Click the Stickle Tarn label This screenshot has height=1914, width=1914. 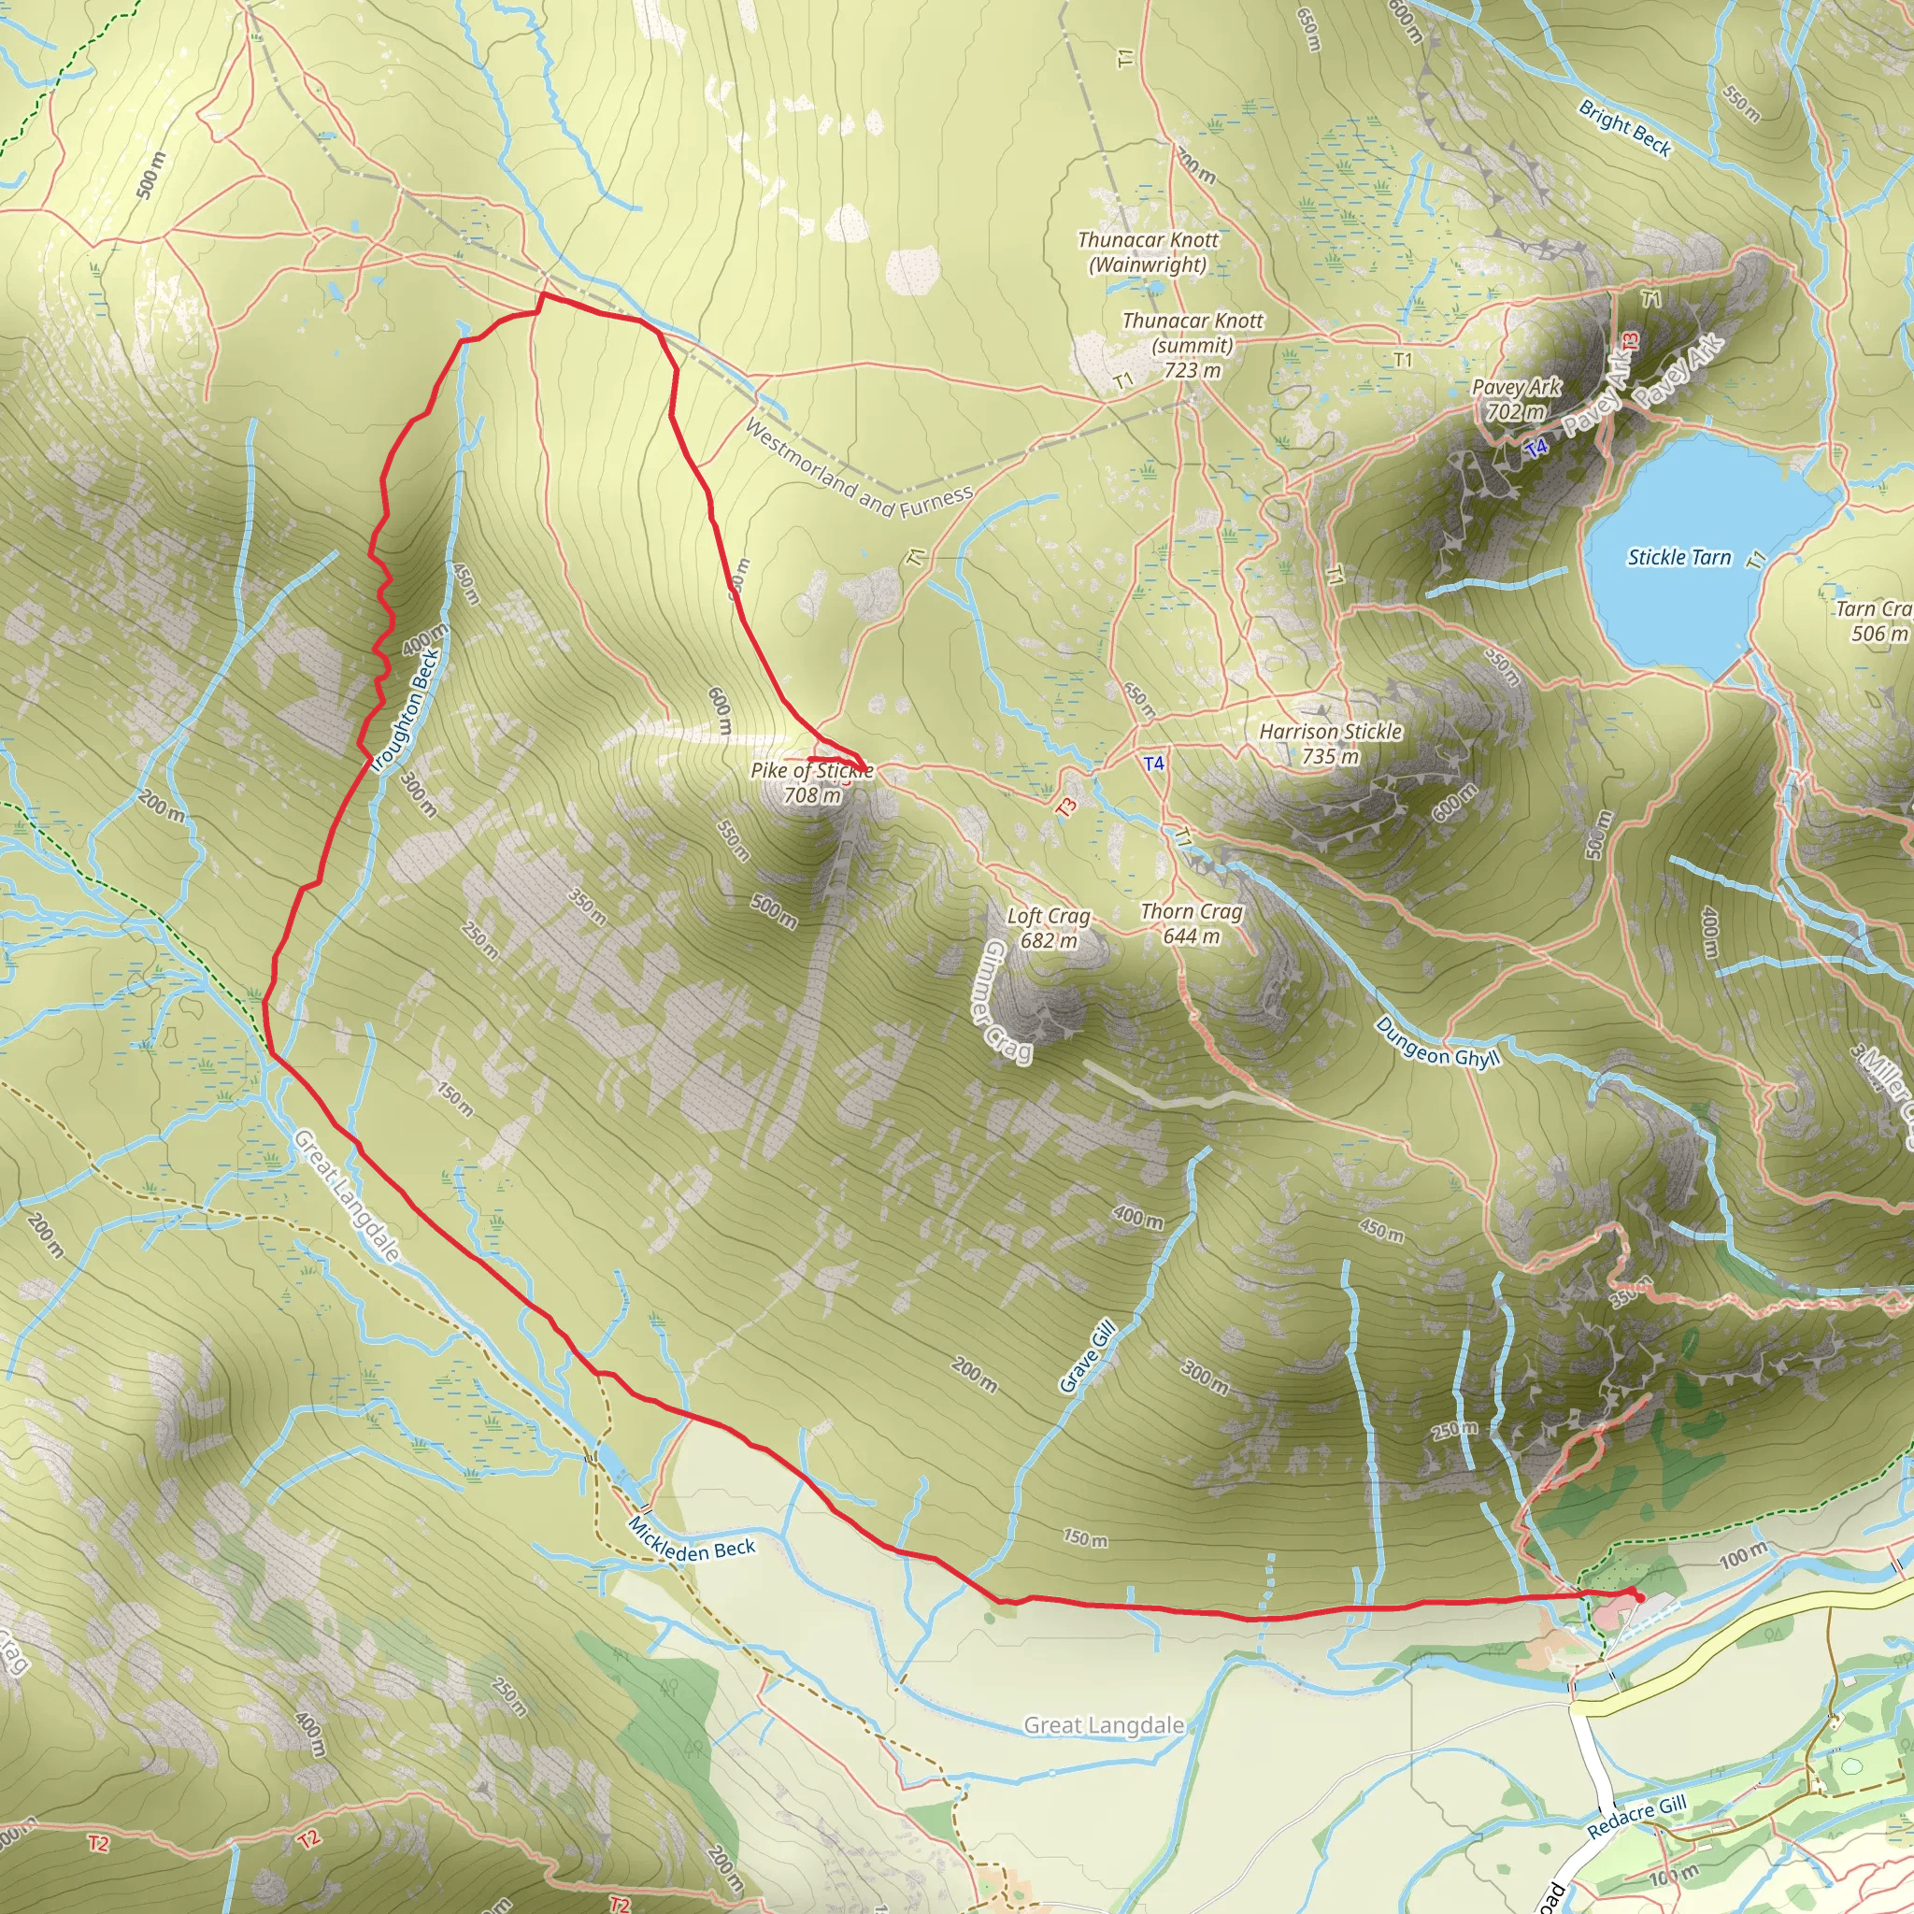(1678, 558)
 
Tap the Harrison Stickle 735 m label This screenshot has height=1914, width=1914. (1331, 744)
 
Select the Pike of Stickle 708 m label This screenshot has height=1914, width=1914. (811, 782)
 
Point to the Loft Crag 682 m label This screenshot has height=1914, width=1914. (1049, 928)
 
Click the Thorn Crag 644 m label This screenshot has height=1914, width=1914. (1191, 923)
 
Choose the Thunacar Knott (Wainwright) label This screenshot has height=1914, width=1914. (1149, 251)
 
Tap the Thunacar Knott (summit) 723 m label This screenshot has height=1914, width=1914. (1193, 345)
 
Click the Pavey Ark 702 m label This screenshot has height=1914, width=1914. (1516, 399)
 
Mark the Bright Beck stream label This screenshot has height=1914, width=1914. (1624, 129)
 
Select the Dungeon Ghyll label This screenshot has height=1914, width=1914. (1437, 1043)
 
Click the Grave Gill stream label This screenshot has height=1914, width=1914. (1088, 1357)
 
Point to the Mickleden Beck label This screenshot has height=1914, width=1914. (693, 1536)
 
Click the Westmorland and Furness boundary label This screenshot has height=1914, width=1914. (858, 469)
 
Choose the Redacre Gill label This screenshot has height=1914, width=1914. (1635, 1818)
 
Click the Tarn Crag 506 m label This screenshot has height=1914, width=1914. (1872, 621)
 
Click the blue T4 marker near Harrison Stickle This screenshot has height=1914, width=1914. (1154, 764)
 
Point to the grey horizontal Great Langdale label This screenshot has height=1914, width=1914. (1104, 1726)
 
